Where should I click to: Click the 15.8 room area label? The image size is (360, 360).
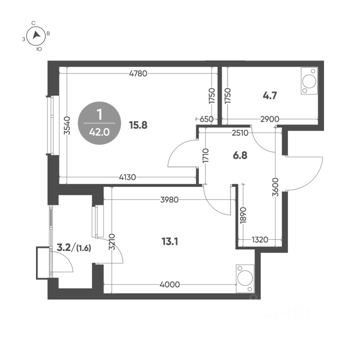(x=138, y=125)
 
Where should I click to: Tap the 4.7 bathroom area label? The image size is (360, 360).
(x=270, y=96)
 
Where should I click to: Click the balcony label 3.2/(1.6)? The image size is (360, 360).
(x=74, y=247)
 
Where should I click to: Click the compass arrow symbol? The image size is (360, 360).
(x=36, y=35)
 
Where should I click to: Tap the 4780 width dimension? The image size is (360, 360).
(x=138, y=73)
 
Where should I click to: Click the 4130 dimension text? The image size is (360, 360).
(x=127, y=177)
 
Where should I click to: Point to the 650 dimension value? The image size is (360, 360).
(x=206, y=119)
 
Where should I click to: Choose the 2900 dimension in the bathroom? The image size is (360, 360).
(x=270, y=119)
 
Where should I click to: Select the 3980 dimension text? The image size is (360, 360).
(x=169, y=200)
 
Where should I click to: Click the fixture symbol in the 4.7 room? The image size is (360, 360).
(x=310, y=81)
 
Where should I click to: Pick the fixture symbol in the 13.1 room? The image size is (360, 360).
(x=245, y=279)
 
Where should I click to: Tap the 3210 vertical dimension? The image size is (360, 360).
(x=111, y=244)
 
